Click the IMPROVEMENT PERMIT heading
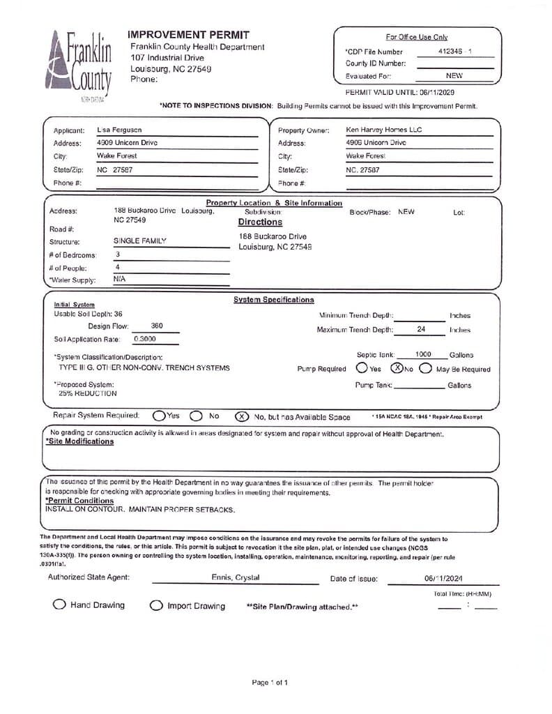[x=188, y=35]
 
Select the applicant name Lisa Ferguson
[x=120, y=130]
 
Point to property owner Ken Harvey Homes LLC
[x=383, y=130]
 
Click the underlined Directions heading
[x=260, y=222]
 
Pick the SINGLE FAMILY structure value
[x=140, y=241]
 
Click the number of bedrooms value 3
[x=118, y=255]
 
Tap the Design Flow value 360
[x=157, y=326]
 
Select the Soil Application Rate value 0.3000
[x=145, y=339]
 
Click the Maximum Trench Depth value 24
[x=421, y=329]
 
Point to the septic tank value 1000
[x=423, y=354]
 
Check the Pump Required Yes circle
[x=362, y=368]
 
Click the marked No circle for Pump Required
[x=397, y=368]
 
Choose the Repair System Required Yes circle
[x=159, y=416]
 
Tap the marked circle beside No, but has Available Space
[x=242, y=416]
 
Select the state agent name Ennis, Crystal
[x=236, y=577]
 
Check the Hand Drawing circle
[x=60, y=605]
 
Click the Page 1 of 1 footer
[x=270, y=682]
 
